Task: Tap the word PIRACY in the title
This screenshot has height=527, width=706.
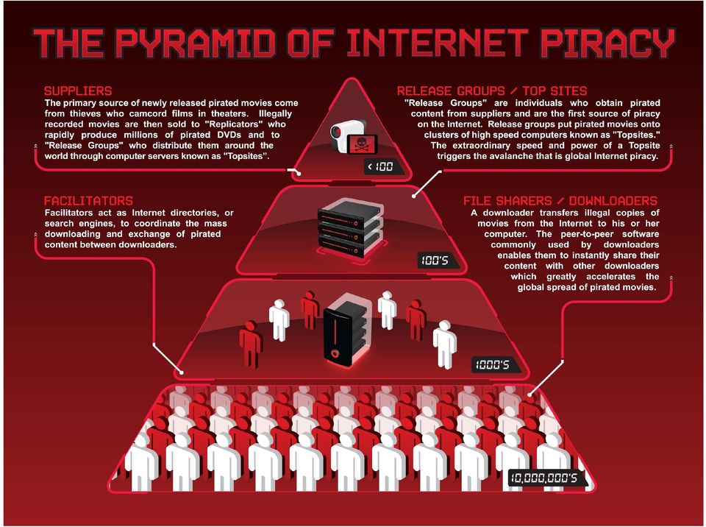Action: click(x=607, y=43)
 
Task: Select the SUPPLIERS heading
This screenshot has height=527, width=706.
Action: click(x=78, y=91)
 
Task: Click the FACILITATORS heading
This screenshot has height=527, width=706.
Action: click(x=89, y=201)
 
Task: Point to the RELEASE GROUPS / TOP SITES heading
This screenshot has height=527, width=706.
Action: click(x=492, y=91)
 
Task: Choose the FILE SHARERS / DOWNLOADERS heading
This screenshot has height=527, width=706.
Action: click(x=560, y=201)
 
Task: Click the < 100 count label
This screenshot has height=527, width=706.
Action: click(x=380, y=167)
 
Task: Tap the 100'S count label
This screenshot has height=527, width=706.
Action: click(x=435, y=260)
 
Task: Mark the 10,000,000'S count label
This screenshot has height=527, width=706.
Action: click(x=543, y=478)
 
